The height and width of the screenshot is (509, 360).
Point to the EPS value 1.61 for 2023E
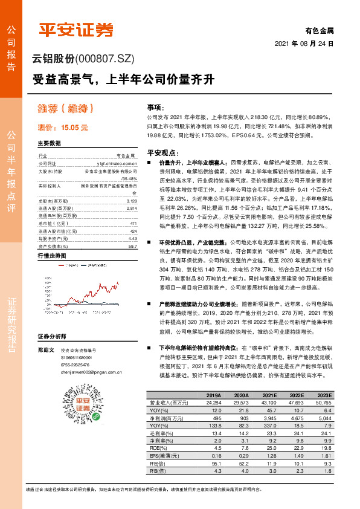[x=325, y=455]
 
